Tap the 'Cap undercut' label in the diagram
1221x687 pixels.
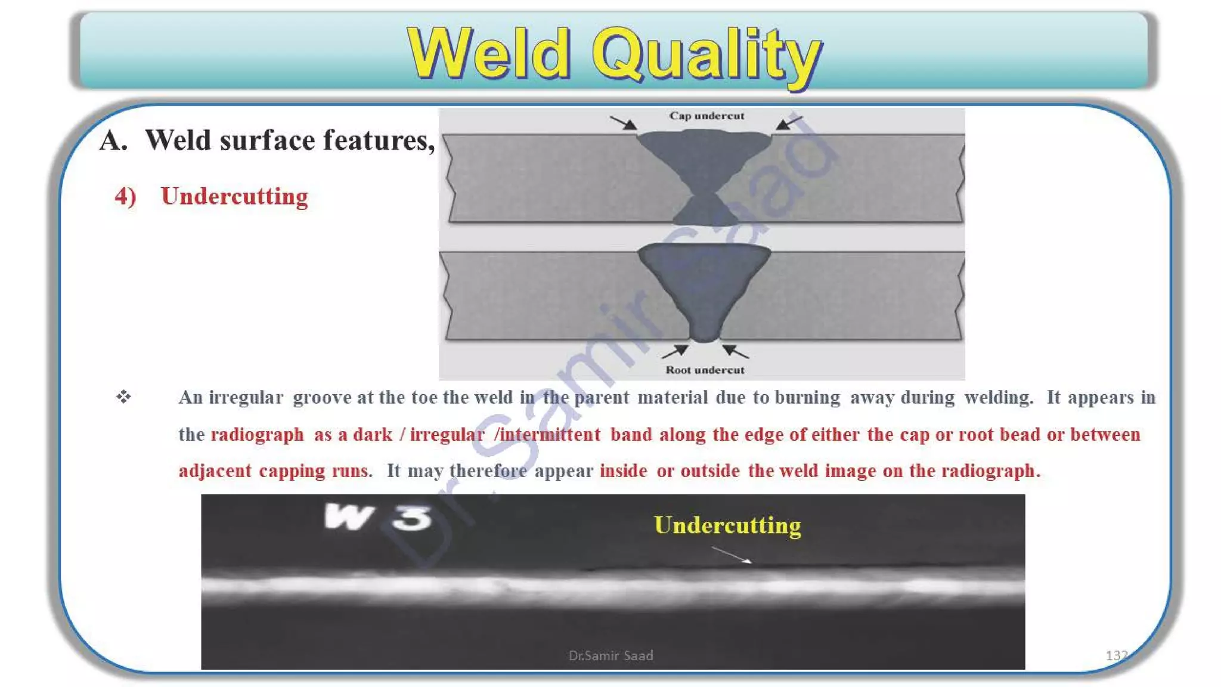706,116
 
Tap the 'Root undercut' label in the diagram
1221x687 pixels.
705,370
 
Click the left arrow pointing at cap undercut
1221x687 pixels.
624,123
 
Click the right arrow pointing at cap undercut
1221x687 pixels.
789,122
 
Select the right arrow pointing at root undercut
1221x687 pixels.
736,351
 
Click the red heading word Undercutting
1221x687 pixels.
234,196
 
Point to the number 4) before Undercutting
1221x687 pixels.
125,196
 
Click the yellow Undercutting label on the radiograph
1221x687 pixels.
727,525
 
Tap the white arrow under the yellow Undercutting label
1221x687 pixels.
732,555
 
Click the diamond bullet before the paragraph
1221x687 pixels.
123,397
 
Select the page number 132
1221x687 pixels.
1116,655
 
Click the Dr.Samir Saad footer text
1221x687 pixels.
610,655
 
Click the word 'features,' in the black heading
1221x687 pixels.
379,141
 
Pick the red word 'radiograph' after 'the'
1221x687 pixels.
257,435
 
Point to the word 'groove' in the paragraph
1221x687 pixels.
322,398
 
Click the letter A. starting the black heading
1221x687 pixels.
113,141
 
